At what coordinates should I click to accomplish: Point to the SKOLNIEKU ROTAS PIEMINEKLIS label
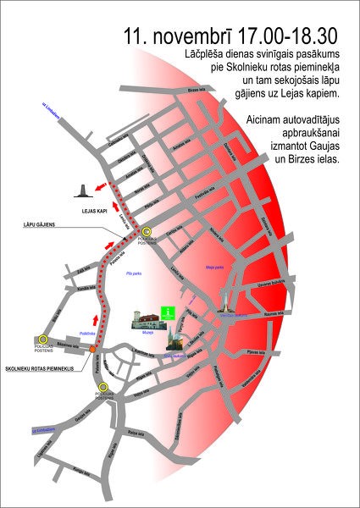[x=41, y=369]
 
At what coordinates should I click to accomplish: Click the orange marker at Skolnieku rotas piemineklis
[x=92, y=349]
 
